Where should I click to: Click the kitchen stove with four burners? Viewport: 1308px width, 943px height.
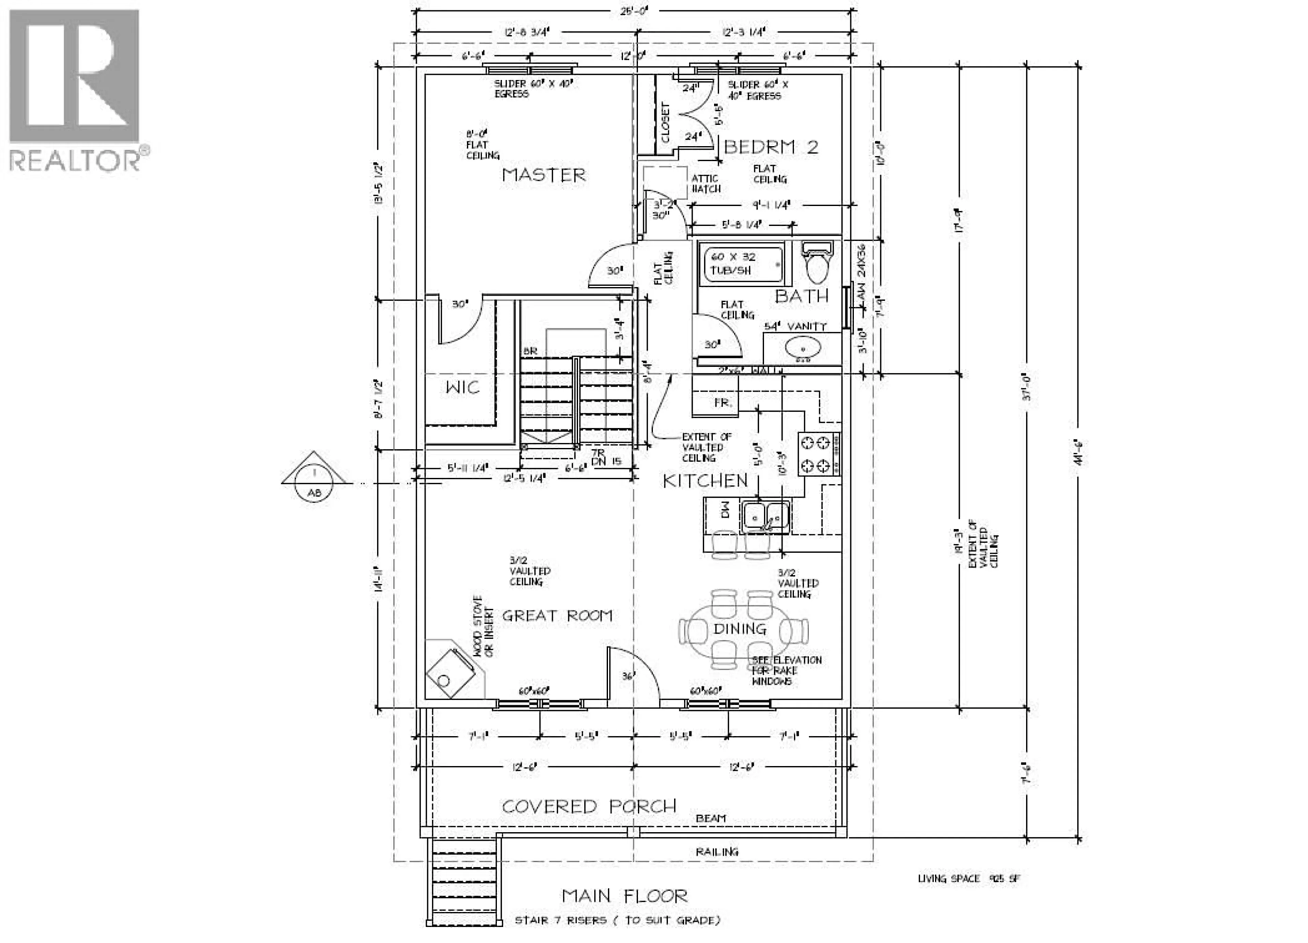pyautogui.click(x=819, y=454)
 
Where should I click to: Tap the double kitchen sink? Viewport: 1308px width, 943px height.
pyautogui.click(x=766, y=515)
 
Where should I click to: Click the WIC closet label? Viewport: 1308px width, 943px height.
pyautogui.click(x=463, y=387)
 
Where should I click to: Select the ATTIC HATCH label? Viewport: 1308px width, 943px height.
pyautogui.click(x=705, y=183)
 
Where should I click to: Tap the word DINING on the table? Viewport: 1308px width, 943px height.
pyautogui.click(x=739, y=628)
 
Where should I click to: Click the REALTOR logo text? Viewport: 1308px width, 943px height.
pyautogui.click(x=75, y=160)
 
